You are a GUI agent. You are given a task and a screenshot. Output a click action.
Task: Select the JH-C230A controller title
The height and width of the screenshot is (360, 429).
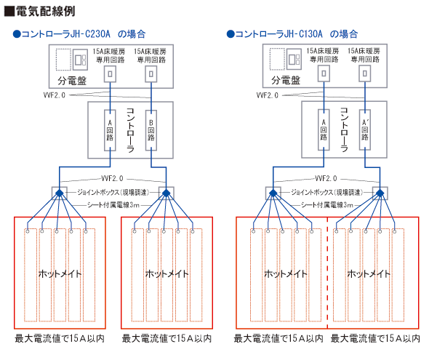click(79, 34)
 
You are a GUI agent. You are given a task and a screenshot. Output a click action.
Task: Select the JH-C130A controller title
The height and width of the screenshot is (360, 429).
click(292, 34)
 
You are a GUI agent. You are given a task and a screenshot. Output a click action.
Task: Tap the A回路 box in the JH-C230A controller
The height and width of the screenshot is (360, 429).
click(110, 130)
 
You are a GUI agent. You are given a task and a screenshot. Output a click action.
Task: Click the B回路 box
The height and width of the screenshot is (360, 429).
click(151, 130)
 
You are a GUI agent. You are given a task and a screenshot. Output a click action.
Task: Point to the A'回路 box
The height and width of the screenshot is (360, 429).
click(365, 129)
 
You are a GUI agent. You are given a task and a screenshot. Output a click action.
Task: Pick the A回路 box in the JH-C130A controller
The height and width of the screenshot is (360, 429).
click(324, 129)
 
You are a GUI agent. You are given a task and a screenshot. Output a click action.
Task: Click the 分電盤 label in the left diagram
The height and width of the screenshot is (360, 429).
click(72, 81)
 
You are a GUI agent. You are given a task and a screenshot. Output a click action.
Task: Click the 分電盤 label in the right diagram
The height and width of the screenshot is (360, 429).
click(286, 81)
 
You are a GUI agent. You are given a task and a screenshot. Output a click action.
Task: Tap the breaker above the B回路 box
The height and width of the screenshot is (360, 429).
click(151, 74)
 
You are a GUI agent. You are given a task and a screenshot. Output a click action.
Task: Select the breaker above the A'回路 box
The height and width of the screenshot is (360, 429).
click(365, 73)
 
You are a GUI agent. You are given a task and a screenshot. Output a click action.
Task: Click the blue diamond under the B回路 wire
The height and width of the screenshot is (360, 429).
click(166, 193)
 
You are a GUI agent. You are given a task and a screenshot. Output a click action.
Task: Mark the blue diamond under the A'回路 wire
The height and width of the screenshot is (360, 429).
click(380, 193)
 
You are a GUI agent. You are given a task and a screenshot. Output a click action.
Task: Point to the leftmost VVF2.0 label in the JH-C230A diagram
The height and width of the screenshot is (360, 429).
click(55, 95)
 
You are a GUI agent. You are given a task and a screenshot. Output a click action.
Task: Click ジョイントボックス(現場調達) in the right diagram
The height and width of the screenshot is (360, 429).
click(326, 192)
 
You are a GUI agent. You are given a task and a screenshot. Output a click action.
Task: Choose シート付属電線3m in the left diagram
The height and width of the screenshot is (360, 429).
click(113, 205)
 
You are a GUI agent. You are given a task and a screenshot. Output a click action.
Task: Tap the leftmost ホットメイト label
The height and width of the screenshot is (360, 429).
click(60, 273)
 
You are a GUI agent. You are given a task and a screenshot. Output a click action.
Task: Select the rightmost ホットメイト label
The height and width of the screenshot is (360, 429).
click(369, 273)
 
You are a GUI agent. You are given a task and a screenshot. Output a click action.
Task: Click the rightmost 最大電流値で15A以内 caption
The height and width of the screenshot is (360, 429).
click(375, 339)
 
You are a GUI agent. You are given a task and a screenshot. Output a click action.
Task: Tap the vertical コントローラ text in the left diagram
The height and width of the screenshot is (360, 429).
click(130, 130)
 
